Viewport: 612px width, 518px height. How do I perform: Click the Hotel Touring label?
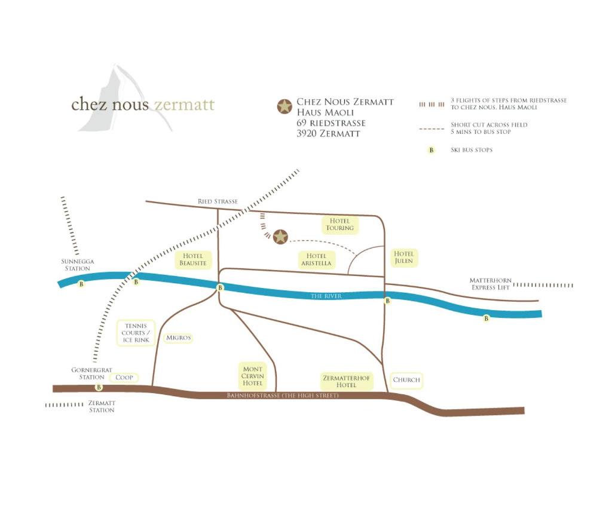(x=340, y=225)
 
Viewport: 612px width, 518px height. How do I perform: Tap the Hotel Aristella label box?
(x=316, y=259)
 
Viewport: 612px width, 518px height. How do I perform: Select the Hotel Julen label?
(x=403, y=258)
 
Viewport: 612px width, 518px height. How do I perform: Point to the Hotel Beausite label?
(x=192, y=259)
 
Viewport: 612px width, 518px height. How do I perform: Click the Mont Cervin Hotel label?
(x=253, y=376)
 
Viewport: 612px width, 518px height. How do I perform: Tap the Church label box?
(x=406, y=380)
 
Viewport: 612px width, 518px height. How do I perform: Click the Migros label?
(x=179, y=338)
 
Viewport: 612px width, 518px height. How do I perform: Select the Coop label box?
(x=124, y=378)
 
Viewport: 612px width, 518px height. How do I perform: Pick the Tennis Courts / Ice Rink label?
(x=136, y=333)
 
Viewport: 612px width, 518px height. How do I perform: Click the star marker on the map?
(x=280, y=237)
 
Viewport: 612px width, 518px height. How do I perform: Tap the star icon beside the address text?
(x=284, y=106)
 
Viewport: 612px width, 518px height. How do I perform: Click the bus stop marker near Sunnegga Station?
(x=81, y=284)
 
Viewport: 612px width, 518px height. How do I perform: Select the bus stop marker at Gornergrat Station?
(x=99, y=388)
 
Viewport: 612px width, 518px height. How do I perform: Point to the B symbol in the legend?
(x=431, y=150)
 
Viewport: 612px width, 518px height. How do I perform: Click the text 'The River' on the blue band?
(x=326, y=296)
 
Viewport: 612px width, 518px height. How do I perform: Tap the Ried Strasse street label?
(x=218, y=202)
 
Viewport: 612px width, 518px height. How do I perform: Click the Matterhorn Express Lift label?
(x=491, y=284)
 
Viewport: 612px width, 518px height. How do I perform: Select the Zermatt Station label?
(x=102, y=407)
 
